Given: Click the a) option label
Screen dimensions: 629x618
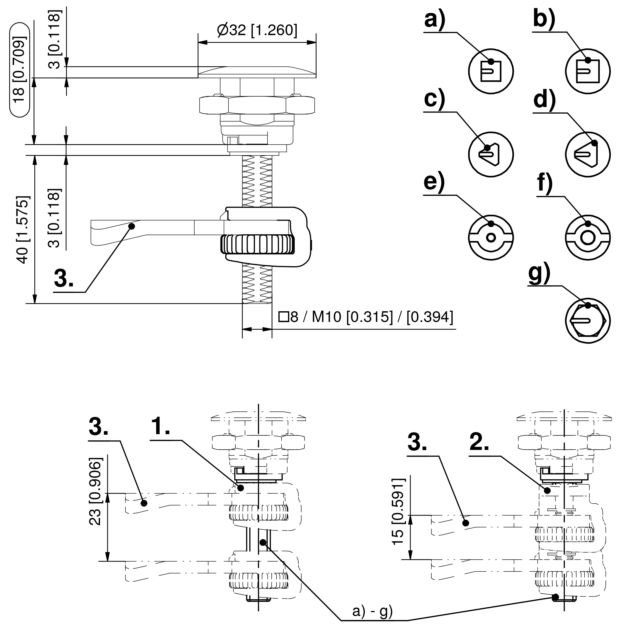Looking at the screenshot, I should (x=435, y=20).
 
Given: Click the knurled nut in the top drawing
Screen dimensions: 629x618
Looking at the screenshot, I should (x=258, y=244).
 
